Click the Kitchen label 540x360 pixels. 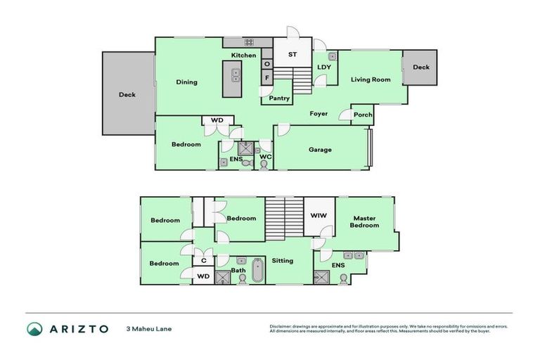coord(244,56)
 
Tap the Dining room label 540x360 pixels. coord(186,82)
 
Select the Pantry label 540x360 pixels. coord(279,98)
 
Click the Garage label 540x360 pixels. coord(320,149)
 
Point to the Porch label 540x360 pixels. coord(363,115)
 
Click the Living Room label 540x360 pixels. coord(371,80)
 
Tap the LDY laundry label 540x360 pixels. coord(324,67)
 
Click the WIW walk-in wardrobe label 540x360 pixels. coord(319,217)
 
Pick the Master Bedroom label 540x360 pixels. coord(366,221)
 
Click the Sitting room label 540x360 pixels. coord(283,260)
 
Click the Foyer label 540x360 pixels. coord(319,113)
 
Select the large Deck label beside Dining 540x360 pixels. coord(127,94)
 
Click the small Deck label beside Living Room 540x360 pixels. coord(420,67)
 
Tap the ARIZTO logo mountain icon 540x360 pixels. coord(35,329)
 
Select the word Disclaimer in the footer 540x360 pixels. coord(281,327)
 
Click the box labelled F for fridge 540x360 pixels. coord(267,77)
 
